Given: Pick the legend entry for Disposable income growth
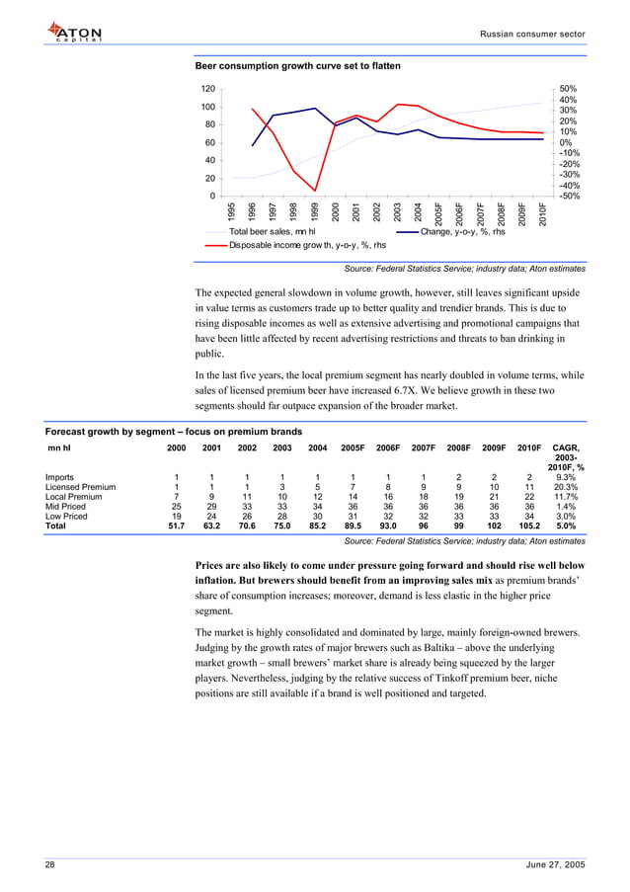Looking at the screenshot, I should (307, 245).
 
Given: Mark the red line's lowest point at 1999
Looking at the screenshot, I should (315, 191).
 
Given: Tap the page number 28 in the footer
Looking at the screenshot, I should (49, 864).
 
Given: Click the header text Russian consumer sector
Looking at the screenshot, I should (532, 34).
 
